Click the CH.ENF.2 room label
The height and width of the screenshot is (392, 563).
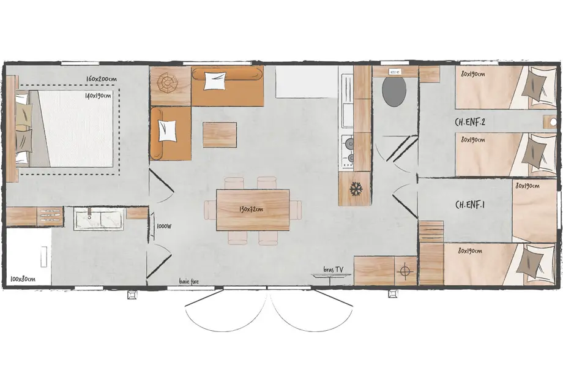(x=471, y=121)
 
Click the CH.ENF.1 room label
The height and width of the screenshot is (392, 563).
(x=470, y=204)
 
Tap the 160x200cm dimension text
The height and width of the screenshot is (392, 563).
(x=102, y=80)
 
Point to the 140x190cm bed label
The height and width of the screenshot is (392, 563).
(x=98, y=96)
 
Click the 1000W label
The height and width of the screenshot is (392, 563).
(x=163, y=225)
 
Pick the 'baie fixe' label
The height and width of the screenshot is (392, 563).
(x=188, y=282)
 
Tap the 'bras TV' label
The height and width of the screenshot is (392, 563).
(x=334, y=269)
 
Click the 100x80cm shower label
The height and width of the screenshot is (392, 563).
(x=23, y=279)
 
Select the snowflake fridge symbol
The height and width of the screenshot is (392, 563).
(x=356, y=189)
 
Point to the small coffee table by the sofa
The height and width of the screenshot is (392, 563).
(x=219, y=134)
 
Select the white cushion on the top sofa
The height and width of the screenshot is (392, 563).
(x=215, y=81)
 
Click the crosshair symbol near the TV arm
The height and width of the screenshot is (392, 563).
(x=405, y=270)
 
